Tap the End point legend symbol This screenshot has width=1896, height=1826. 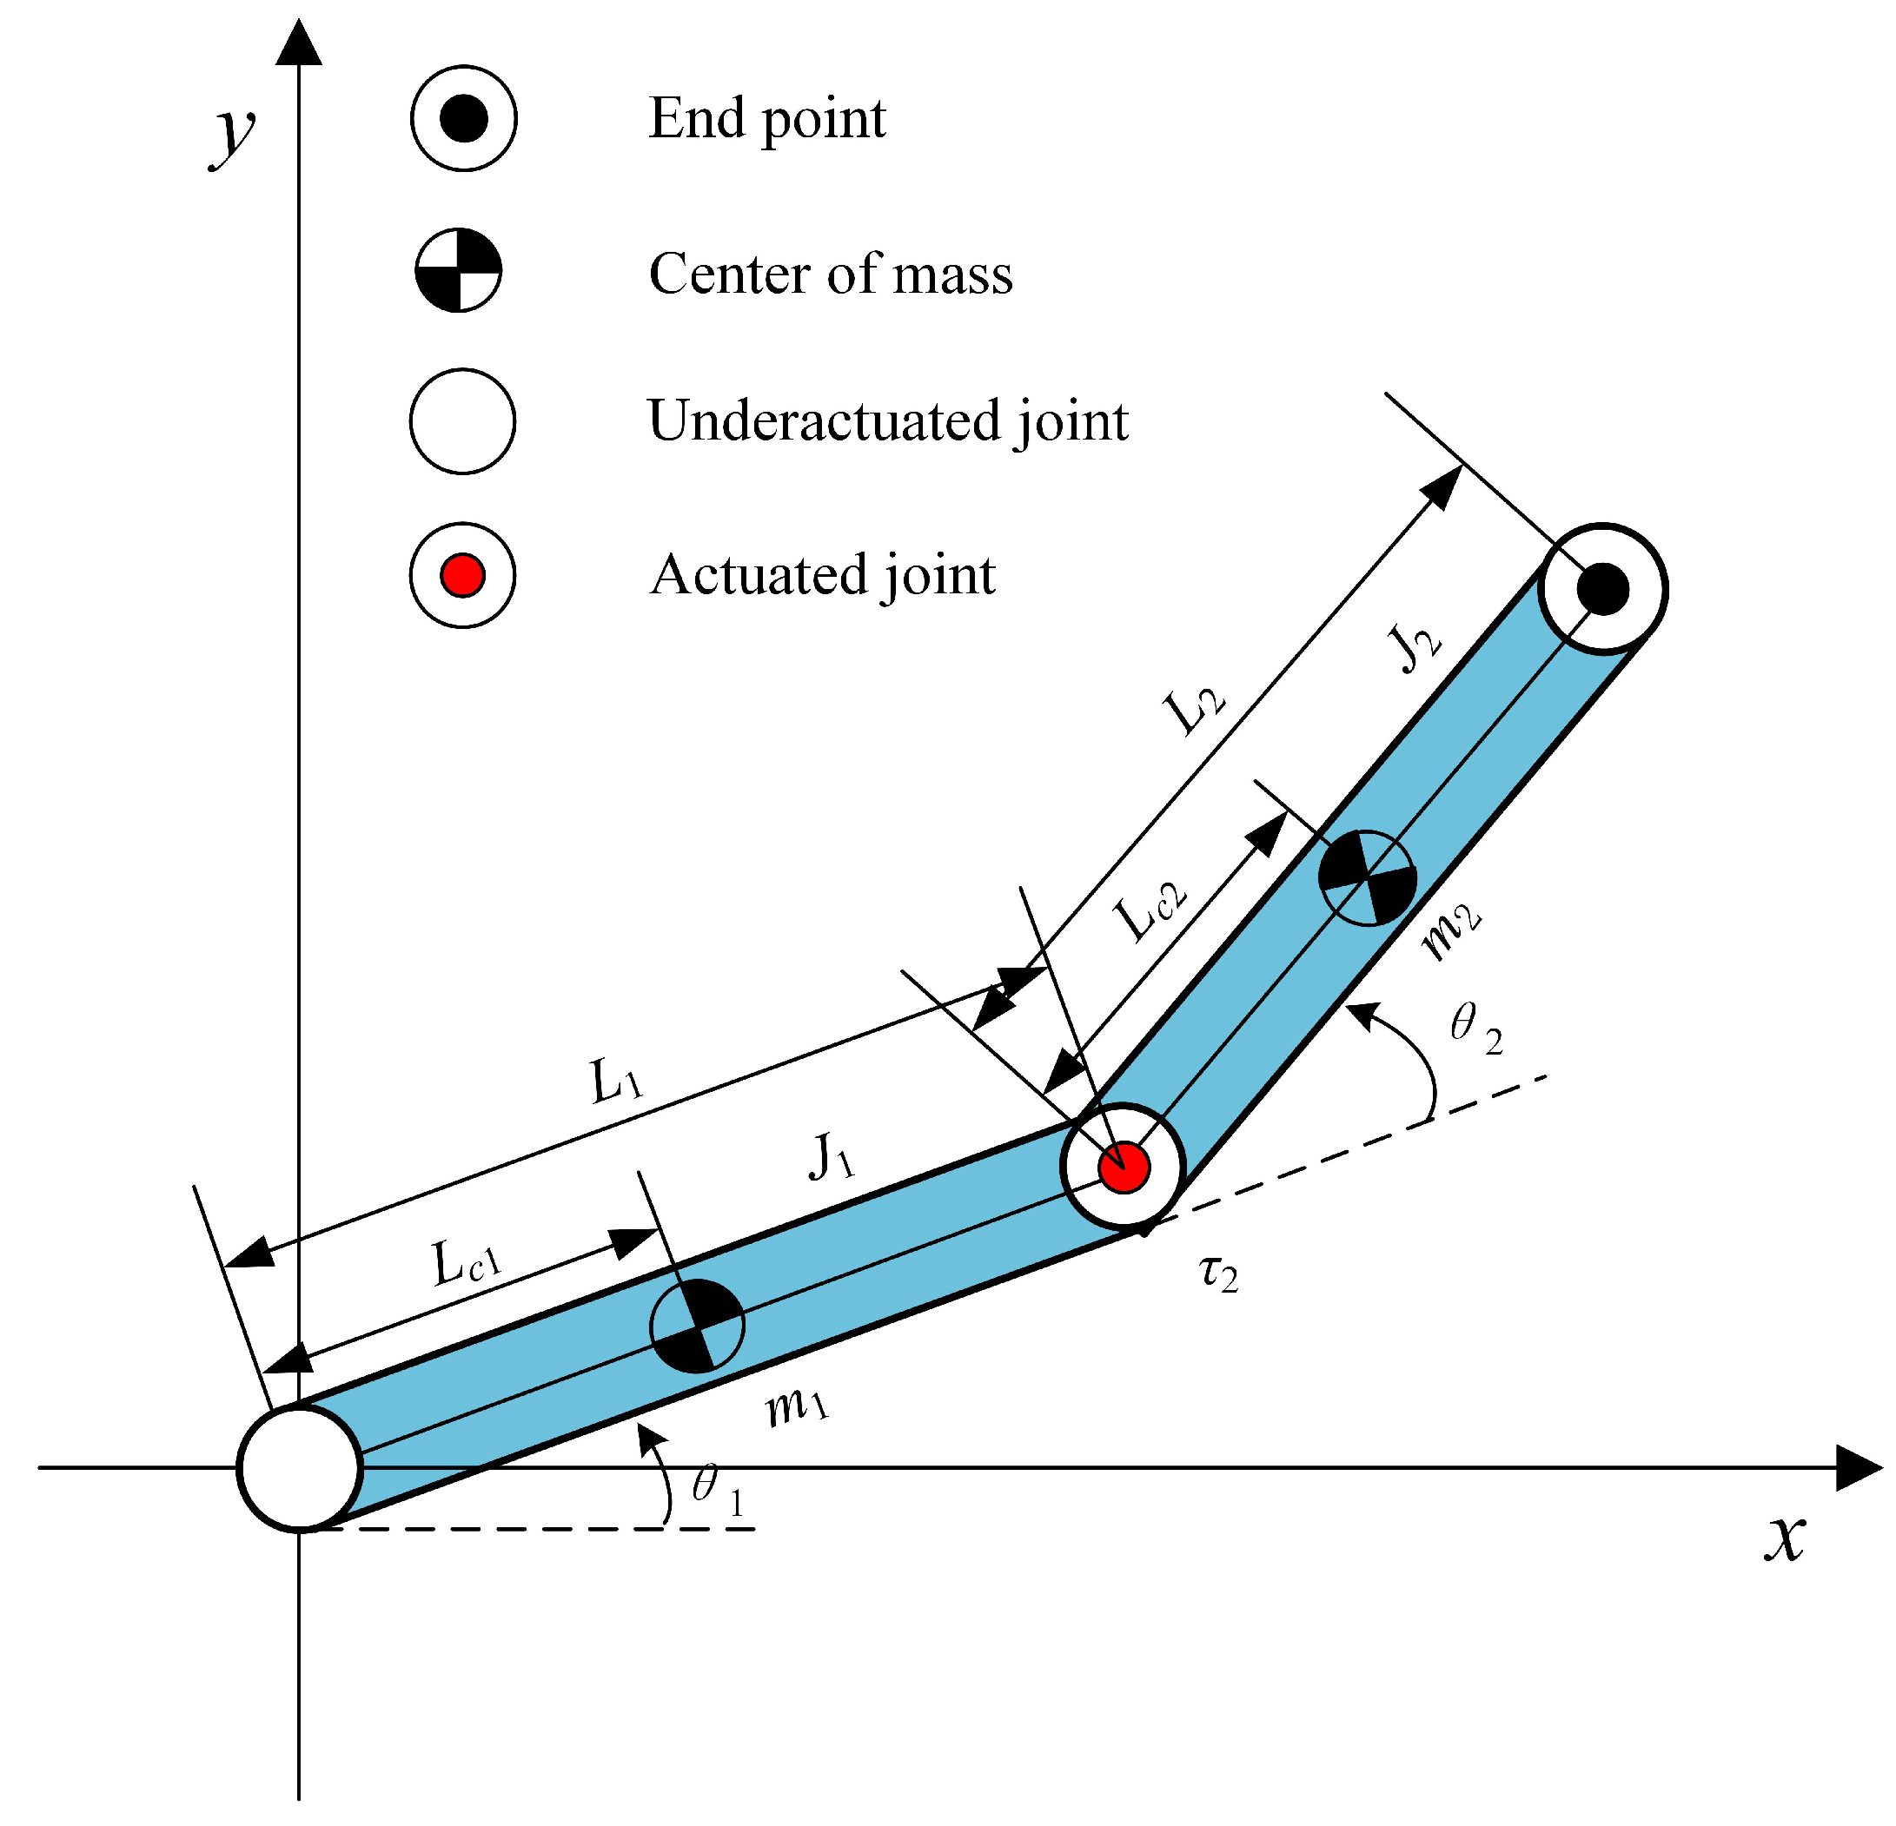click(463, 118)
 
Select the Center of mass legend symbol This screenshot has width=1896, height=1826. click(459, 271)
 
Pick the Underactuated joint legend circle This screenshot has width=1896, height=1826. click(462, 421)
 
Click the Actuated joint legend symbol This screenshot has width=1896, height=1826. click(462, 575)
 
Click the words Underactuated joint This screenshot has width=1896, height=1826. click(887, 420)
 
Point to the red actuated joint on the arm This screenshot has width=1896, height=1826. click(1124, 1168)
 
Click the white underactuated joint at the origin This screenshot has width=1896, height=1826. click(300, 1469)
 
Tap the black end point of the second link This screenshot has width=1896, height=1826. click(1603, 588)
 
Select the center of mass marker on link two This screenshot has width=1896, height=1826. click(1368, 877)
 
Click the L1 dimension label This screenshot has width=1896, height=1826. click(616, 1082)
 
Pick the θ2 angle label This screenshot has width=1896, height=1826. click(1476, 1027)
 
